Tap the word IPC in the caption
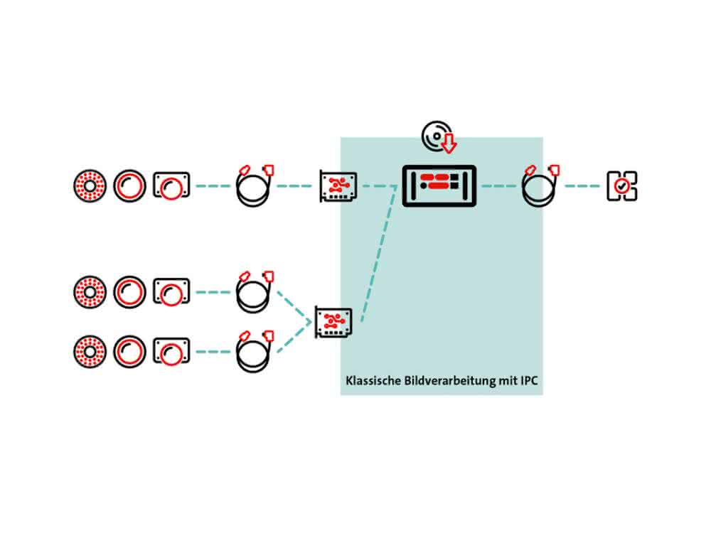point(529,381)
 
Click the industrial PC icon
point(439,185)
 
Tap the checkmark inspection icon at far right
point(621,185)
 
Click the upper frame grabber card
point(338,185)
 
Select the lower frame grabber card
point(333,322)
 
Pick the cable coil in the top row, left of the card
point(255,185)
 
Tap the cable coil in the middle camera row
point(255,292)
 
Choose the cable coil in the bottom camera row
point(255,352)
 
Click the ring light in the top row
point(90,185)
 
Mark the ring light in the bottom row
point(90,352)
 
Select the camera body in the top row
point(171,185)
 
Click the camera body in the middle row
point(171,292)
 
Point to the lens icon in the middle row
point(129,292)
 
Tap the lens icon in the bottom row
point(129,352)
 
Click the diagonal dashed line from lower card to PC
point(379,254)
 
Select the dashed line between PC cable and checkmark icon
point(582,185)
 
